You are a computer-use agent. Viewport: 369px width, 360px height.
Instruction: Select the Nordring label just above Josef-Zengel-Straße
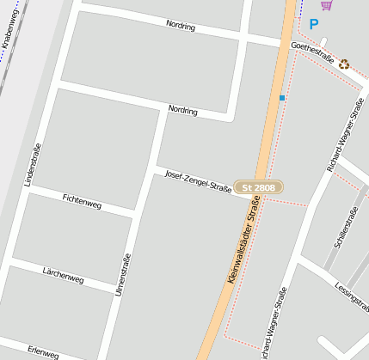tap(182, 110)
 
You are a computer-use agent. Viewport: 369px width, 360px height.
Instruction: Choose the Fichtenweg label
tap(82, 199)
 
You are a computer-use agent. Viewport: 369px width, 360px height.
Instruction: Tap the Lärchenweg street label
tap(63, 274)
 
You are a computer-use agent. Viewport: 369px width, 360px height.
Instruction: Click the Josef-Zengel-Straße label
tap(198, 180)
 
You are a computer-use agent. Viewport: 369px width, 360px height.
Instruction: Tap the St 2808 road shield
tap(259, 187)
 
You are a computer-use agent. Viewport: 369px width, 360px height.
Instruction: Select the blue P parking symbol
tap(313, 25)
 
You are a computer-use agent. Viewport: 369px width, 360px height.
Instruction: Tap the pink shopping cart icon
tap(325, 5)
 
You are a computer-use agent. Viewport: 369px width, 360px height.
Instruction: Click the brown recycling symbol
tap(344, 64)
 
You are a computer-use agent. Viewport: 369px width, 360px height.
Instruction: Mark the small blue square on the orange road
tap(281, 98)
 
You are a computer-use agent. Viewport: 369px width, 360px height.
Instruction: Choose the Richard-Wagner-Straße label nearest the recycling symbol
tap(345, 134)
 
